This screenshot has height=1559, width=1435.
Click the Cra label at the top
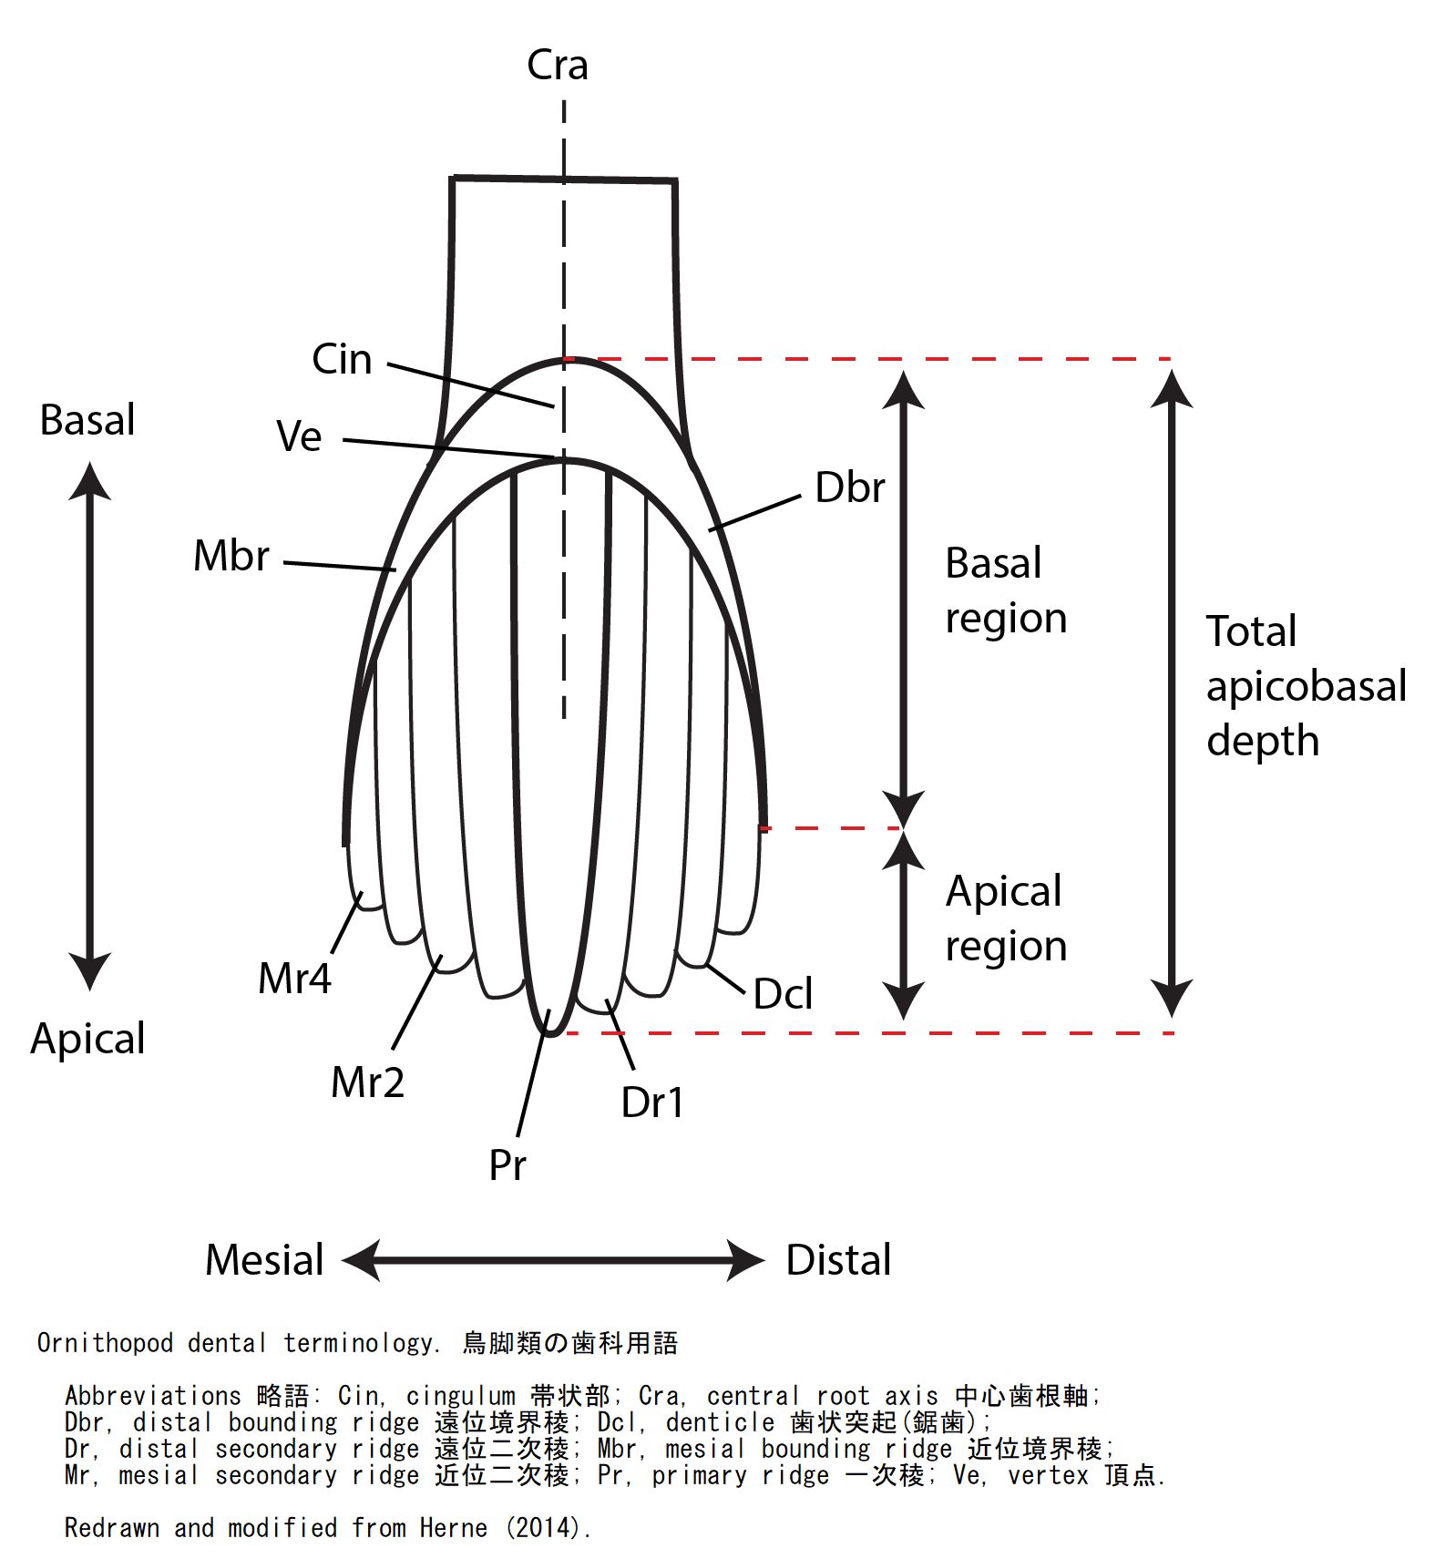click(557, 66)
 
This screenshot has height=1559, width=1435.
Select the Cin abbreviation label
click(342, 360)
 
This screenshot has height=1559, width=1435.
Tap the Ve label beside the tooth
click(299, 436)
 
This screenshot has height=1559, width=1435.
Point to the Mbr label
click(231, 556)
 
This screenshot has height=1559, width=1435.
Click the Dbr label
click(849, 488)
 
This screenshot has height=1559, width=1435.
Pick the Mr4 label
click(294, 980)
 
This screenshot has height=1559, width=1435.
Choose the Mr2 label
click(367, 1082)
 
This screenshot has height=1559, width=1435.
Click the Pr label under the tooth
click(507, 1165)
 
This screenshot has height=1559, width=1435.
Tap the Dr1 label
click(651, 1103)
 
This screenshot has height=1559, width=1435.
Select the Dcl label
click(783, 994)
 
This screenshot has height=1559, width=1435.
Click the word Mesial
click(264, 1260)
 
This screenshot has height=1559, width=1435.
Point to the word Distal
click(838, 1260)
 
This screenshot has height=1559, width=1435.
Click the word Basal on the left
click(87, 420)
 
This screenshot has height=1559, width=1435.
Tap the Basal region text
click(1005, 590)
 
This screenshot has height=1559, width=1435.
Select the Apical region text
click(1005, 918)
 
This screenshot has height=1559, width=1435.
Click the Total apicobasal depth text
click(1305, 685)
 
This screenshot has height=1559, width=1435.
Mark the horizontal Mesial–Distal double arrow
click(553, 1260)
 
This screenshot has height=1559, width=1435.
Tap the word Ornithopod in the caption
click(105, 1343)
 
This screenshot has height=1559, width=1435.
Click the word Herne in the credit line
click(453, 1528)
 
